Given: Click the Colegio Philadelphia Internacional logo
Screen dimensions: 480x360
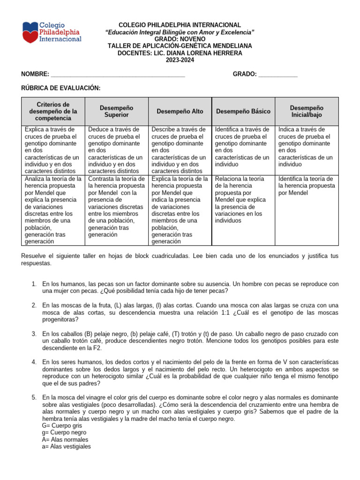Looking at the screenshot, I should (52, 32).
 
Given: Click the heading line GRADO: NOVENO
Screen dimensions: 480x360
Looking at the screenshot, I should (180, 39).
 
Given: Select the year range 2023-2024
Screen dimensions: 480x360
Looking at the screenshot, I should (180, 60).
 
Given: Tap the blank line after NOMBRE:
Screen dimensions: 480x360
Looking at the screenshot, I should (118, 75).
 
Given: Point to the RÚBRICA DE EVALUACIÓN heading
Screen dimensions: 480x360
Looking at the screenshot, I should (61, 88).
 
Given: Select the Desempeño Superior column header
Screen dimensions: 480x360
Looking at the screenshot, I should (116, 111).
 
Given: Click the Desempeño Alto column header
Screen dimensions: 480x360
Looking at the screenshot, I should (180, 111).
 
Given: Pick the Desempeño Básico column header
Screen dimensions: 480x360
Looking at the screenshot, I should (243, 111).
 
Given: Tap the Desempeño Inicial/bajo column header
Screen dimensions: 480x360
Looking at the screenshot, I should (307, 111).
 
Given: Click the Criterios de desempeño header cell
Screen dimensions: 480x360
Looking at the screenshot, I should (53, 111).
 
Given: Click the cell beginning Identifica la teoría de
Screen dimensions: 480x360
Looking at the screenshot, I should (306, 186).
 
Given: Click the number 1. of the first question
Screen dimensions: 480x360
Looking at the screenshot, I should (34, 284).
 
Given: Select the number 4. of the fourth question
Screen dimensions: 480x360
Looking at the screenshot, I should (34, 362).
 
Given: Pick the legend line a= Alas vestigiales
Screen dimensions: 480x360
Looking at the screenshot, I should (66, 447).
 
